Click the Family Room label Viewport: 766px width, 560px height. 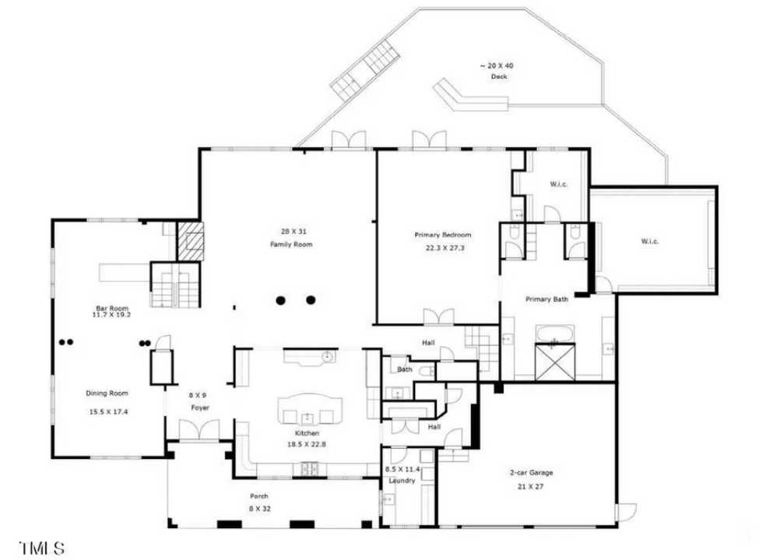click(x=285, y=245)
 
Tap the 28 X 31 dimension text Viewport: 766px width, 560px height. click(x=285, y=230)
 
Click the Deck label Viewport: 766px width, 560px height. click(x=499, y=77)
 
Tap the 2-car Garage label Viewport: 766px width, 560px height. click(x=531, y=472)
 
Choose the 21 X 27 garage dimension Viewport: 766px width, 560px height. click(x=531, y=486)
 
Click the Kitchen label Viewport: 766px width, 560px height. click(x=307, y=432)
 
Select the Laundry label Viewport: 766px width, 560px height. click(x=402, y=481)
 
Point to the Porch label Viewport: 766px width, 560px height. click(x=259, y=496)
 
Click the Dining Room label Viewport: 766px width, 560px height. click(x=107, y=393)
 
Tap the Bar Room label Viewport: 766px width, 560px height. click(x=107, y=308)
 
